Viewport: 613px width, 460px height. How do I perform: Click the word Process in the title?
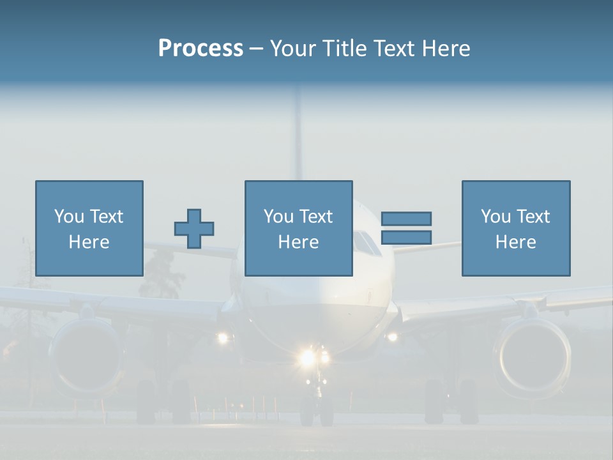pyautogui.click(x=201, y=49)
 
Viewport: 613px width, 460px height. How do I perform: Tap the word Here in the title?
pyautogui.click(x=445, y=49)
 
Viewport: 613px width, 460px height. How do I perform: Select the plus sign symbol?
pyautogui.click(x=194, y=229)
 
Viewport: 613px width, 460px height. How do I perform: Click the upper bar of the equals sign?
pyautogui.click(x=406, y=219)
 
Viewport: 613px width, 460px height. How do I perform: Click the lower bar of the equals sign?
pyautogui.click(x=406, y=237)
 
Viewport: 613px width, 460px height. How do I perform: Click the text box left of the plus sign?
pyautogui.click(x=89, y=228)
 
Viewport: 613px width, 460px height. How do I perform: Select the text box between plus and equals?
pyautogui.click(x=298, y=228)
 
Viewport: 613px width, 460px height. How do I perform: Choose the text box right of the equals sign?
pyautogui.click(x=515, y=228)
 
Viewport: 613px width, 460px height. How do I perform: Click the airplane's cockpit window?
pyautogui.click(x=367, y=243)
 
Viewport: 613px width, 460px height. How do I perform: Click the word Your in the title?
pyautogui.click(x=291, y=49)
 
